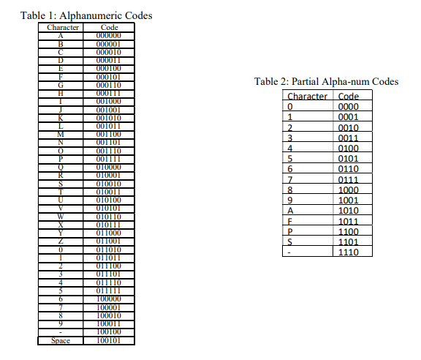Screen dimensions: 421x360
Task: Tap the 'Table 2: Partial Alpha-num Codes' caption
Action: (326, 81)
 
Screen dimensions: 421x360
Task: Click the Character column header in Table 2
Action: (307, 97)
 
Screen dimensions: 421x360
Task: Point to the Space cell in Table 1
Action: (61, 340)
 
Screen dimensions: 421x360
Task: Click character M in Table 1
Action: (61, 133)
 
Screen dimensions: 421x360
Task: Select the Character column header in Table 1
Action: (61, 28)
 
